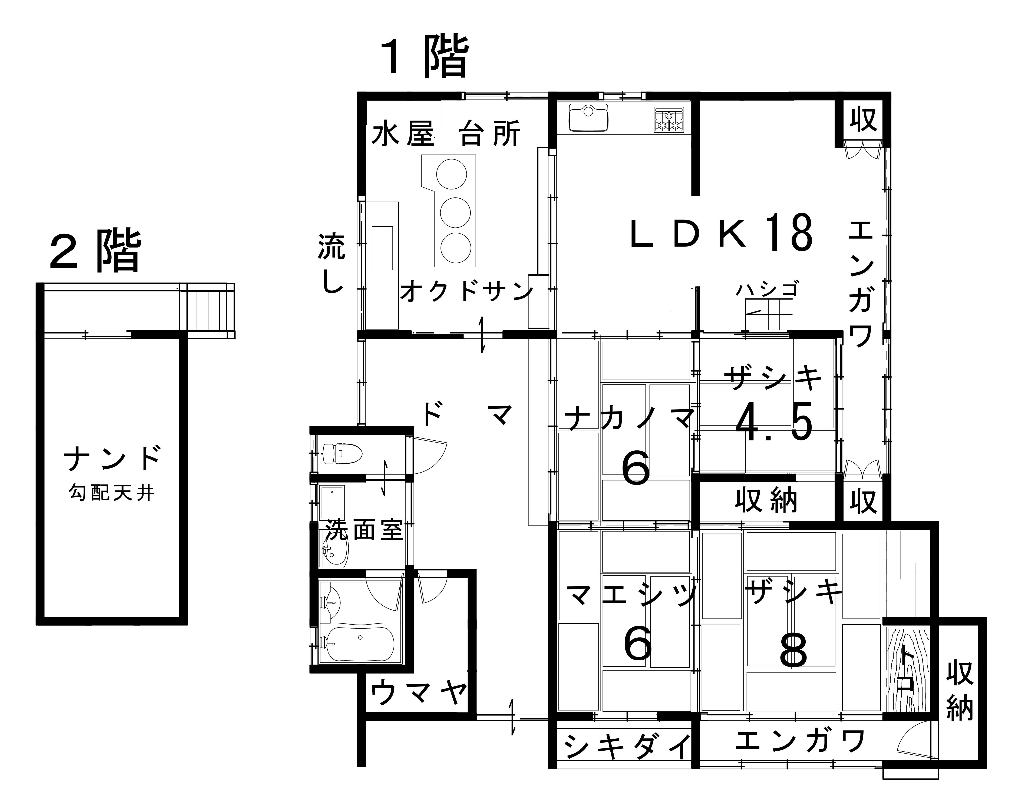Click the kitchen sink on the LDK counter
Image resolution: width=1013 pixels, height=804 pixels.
click(x=588, y=118)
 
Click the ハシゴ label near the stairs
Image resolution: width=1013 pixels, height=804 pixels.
click(x=767, y=290)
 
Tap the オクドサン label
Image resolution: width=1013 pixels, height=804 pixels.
click(x=466, y=291)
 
